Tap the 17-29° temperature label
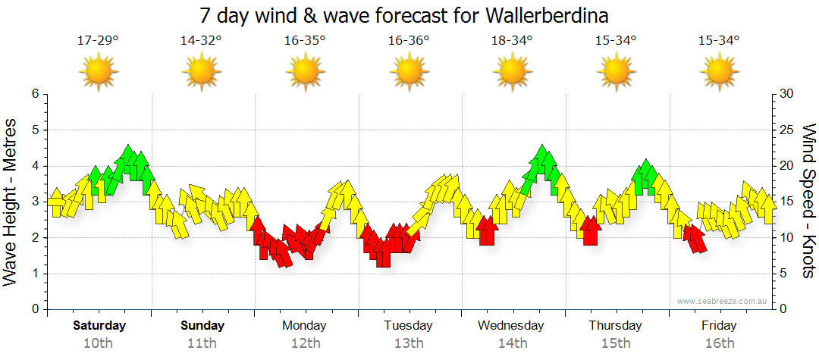99,41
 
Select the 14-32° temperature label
202,41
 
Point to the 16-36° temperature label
409,41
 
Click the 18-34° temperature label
512,41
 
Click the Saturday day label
99,326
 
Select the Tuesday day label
409,326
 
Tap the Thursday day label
616,326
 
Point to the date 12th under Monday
305,343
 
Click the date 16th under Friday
719,343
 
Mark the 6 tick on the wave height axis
34,94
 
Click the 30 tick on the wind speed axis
787,94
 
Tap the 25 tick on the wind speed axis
787,130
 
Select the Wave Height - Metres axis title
11,202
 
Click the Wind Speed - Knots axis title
808,202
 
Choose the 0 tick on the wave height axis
34,309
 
